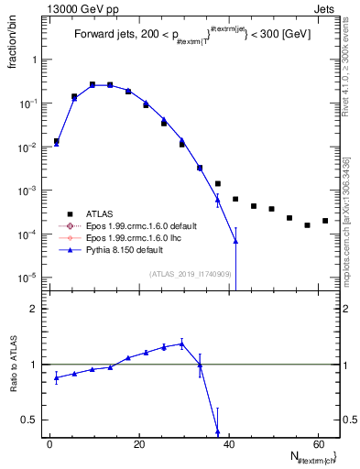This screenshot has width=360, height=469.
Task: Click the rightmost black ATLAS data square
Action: coord(325,221)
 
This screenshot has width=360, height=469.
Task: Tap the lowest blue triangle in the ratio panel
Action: coord(217,431)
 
